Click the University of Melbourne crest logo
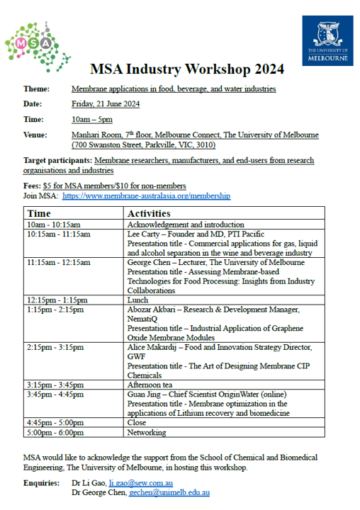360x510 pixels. (327, 41)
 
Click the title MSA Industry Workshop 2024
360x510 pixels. (187, 69)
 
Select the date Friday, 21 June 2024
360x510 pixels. (106, 104)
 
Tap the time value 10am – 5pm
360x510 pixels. (94, 119)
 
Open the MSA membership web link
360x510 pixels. (146, 195)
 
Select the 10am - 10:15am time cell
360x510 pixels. (53, 225)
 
